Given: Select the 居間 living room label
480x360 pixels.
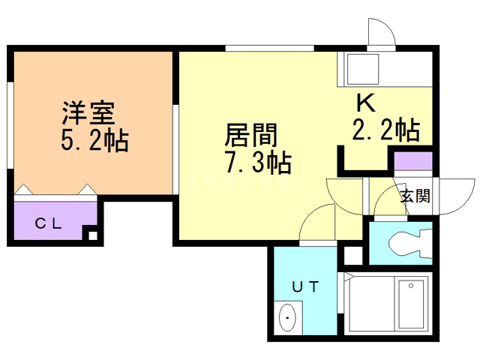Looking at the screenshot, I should [x=252, y=135].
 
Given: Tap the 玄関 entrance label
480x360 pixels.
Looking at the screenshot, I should [x=415, y=196].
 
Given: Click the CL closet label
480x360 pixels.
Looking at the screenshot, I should [x=50, y=223].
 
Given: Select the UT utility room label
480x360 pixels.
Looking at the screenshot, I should [x=305, y=285].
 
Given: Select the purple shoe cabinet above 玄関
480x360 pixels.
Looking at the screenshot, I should [x=413, y=161].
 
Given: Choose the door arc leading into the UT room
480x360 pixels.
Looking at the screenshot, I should [x=316, y=221].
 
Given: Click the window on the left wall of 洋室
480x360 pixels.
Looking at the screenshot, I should [x=10, y=120].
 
